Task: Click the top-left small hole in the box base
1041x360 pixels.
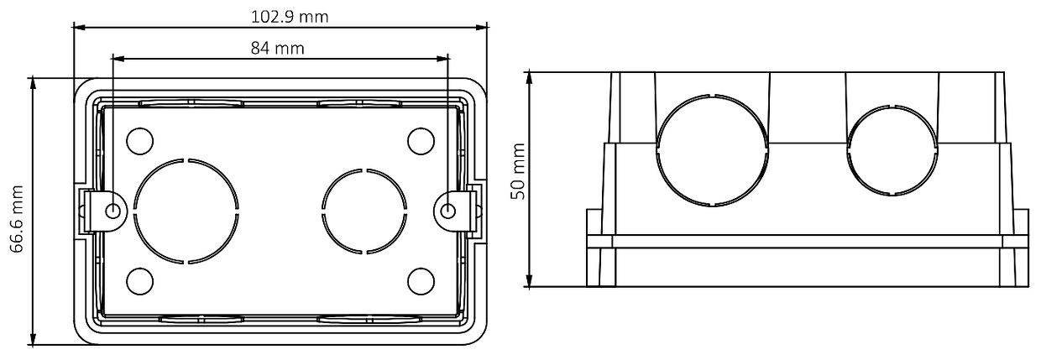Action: pyautogui.click(x=139, y=141)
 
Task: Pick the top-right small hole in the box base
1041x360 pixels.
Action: pyautogui.click(x=420, y=141)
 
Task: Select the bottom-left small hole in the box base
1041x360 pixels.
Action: pyautogui.click(x=139, y=279)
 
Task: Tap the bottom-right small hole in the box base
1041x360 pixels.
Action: pyautogui.click(x=420, y=279)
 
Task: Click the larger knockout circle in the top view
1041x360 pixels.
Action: pyautogui.click(x=186, y=210)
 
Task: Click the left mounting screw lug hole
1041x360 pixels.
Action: pyautogui.click(x=114, y=211)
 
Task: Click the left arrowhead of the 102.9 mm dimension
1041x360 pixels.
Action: pyautogui.click(x=78, y=28)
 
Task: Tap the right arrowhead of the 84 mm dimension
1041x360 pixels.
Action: pyautogui.click(x=447, y=59)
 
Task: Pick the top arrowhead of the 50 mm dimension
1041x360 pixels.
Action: pyautogui.click(x=531, y=76)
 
